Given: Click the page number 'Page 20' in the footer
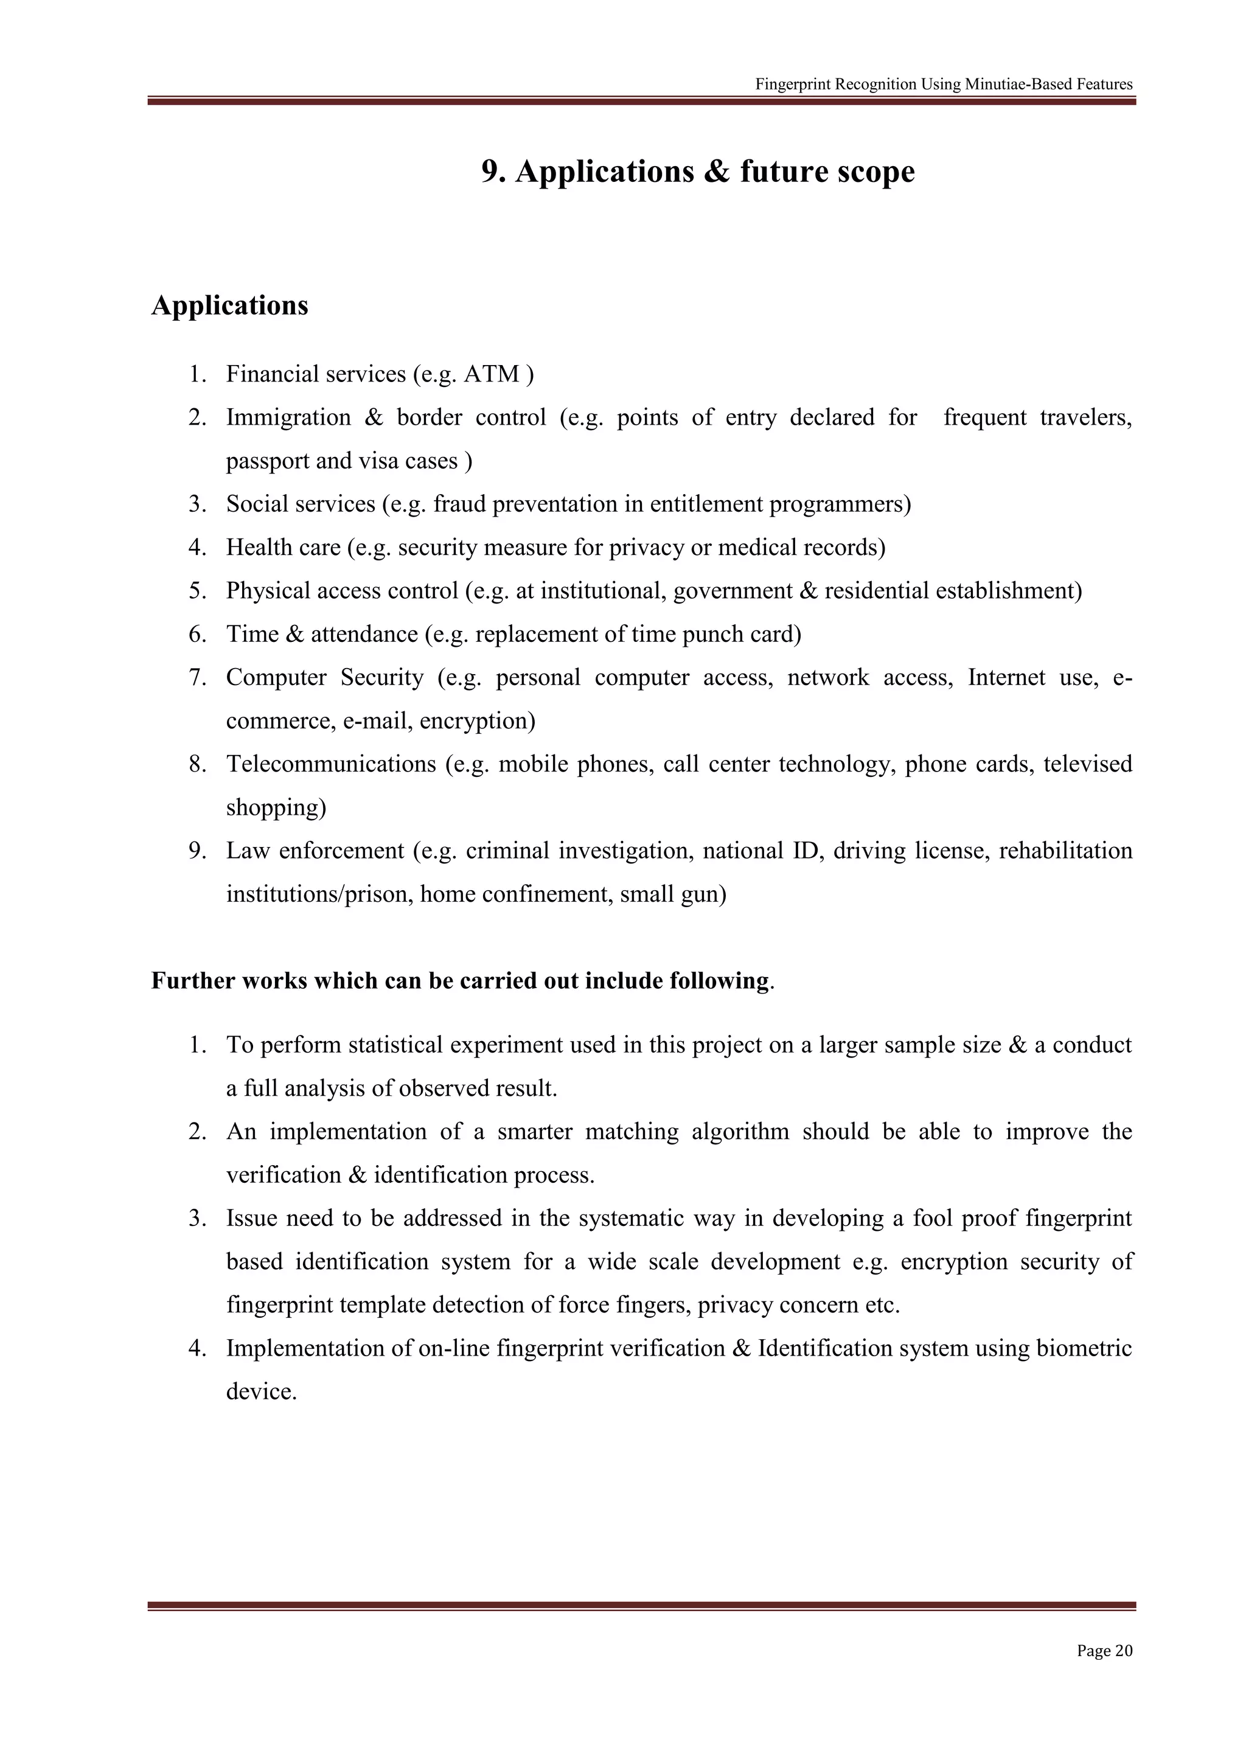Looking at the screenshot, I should pos(1104,1651).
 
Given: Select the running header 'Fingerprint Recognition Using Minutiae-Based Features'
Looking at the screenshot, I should pos(944,85).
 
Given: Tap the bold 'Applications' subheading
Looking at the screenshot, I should pos(229,305).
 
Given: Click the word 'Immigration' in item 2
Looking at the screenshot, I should pos(288,417).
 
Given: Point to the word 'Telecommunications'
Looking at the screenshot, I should pos(331,764).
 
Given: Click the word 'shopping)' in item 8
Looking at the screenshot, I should pos(276,808).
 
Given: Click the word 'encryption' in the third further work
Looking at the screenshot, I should pos(954,1262).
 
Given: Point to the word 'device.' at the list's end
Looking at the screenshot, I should pos(261,1392).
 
